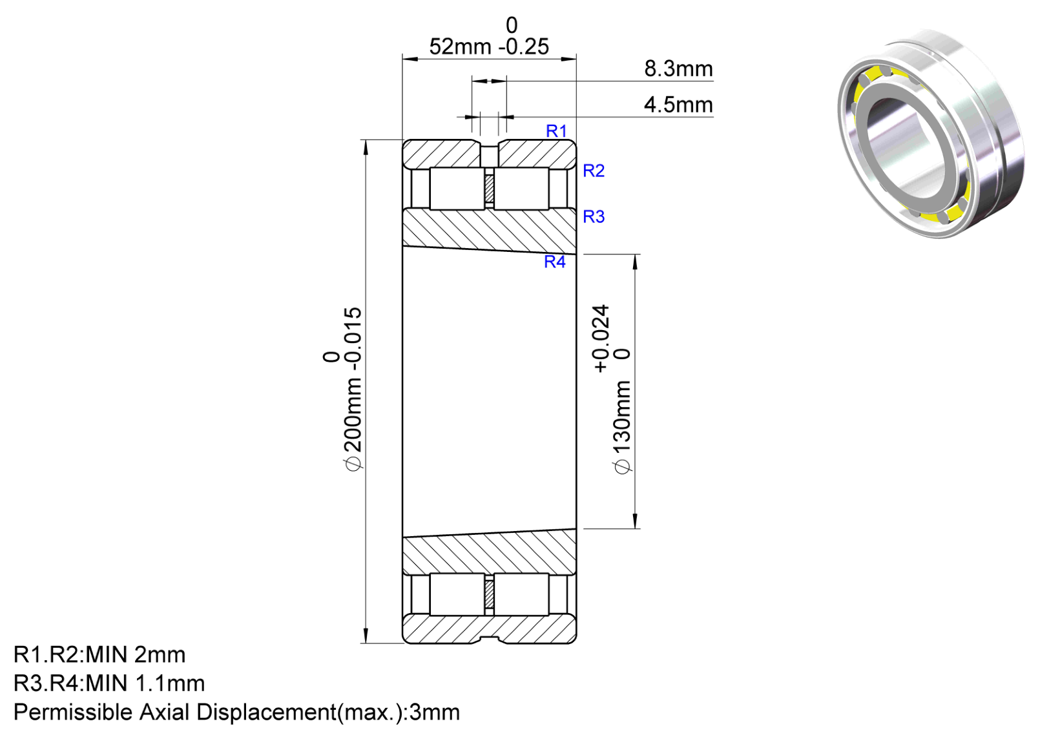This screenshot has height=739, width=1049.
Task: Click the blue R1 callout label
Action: click(x=556, y=131)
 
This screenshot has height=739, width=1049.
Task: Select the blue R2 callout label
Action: click(x=594, y=171)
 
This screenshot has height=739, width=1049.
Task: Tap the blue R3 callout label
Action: click(x=594, y=216)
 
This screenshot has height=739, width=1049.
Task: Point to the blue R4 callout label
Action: click(x=555, y=262)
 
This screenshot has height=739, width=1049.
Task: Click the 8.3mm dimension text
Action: click(x=679, y=69)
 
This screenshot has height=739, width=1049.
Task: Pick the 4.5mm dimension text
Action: click(x=679, y=105)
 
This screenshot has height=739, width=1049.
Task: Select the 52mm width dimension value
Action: click(x=461, y=47)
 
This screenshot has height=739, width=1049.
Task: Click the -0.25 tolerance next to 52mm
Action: click(x=524, y=47)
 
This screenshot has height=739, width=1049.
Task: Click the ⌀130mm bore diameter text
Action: click(x=623, y=426)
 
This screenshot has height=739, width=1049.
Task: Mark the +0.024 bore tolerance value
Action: click(x=601, y=338)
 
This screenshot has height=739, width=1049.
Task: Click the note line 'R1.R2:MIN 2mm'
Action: click(x=99, y=655)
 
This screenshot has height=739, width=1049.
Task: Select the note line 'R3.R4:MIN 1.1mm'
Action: click(x=109, y=683)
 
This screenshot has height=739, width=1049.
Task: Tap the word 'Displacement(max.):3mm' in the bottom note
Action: click(x=328, y=713)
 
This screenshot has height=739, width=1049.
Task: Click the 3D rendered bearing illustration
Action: click(x=930, y=133)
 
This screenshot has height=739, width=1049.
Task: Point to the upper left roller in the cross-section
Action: click(x=457, y=189)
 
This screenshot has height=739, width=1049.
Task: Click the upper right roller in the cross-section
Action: click(x=521, y=189)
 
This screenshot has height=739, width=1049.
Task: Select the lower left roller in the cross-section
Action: click(x=457, y=594)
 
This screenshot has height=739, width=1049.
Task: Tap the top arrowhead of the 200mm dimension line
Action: click(x=366, y=147)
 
